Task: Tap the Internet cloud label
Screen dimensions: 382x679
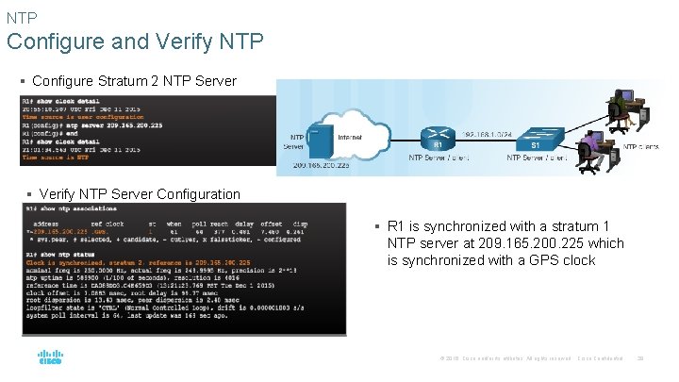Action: (x=349, y=138)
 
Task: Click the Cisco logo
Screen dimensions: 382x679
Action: (x=50, y=358)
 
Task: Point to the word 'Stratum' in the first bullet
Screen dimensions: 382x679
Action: (x=124, y=82)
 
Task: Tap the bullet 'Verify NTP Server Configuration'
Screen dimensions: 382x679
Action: (x=140, y=194)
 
